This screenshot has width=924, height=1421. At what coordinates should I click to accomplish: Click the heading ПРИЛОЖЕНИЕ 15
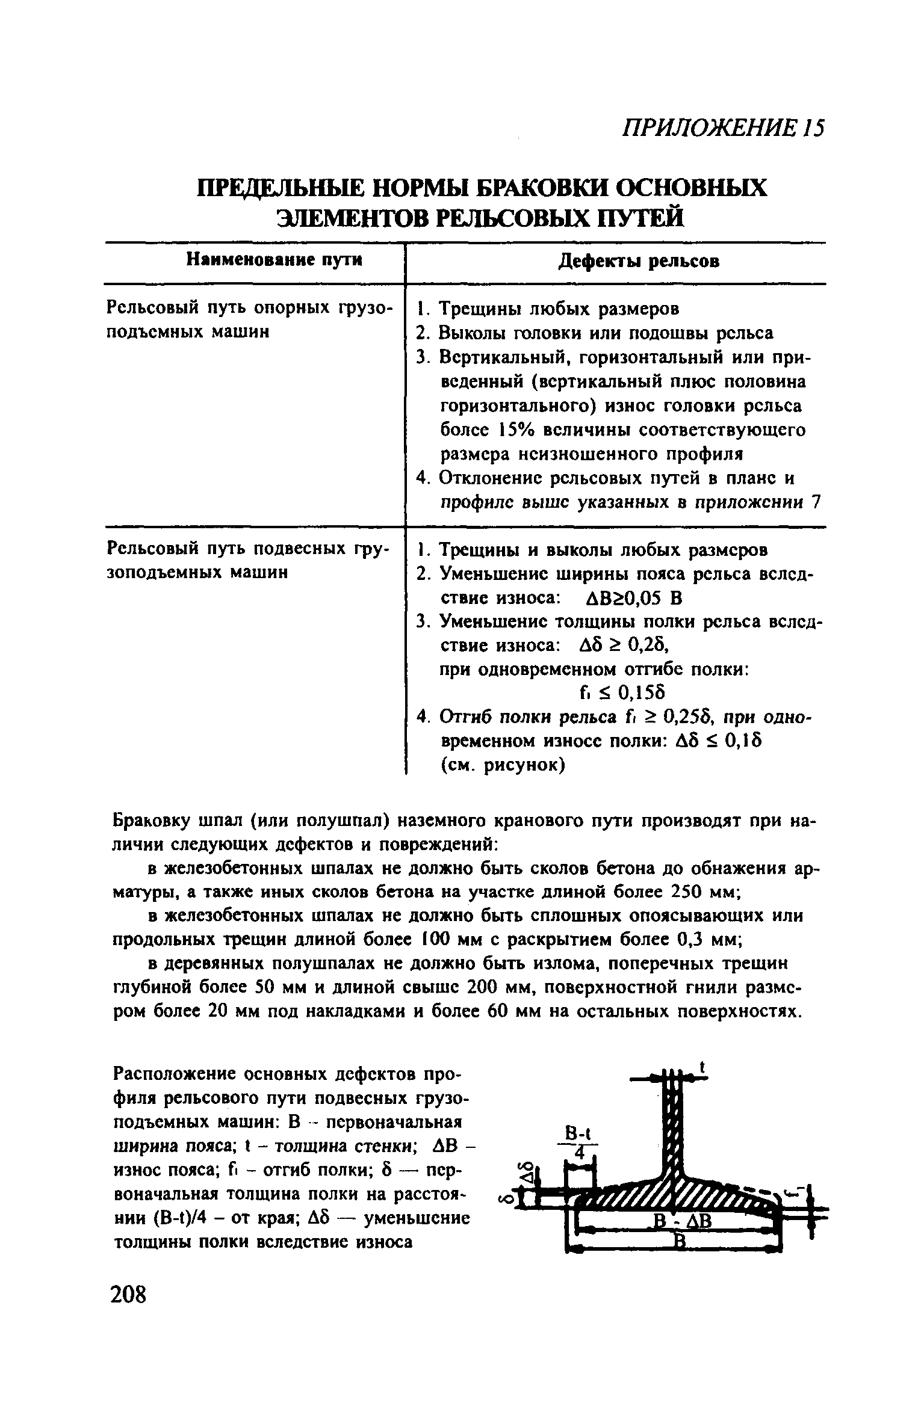(x=722, y=128)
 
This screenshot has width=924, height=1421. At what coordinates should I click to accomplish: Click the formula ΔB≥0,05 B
(x=633, y=599)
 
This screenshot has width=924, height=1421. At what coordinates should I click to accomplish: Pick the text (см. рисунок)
(x=503, y=766)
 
